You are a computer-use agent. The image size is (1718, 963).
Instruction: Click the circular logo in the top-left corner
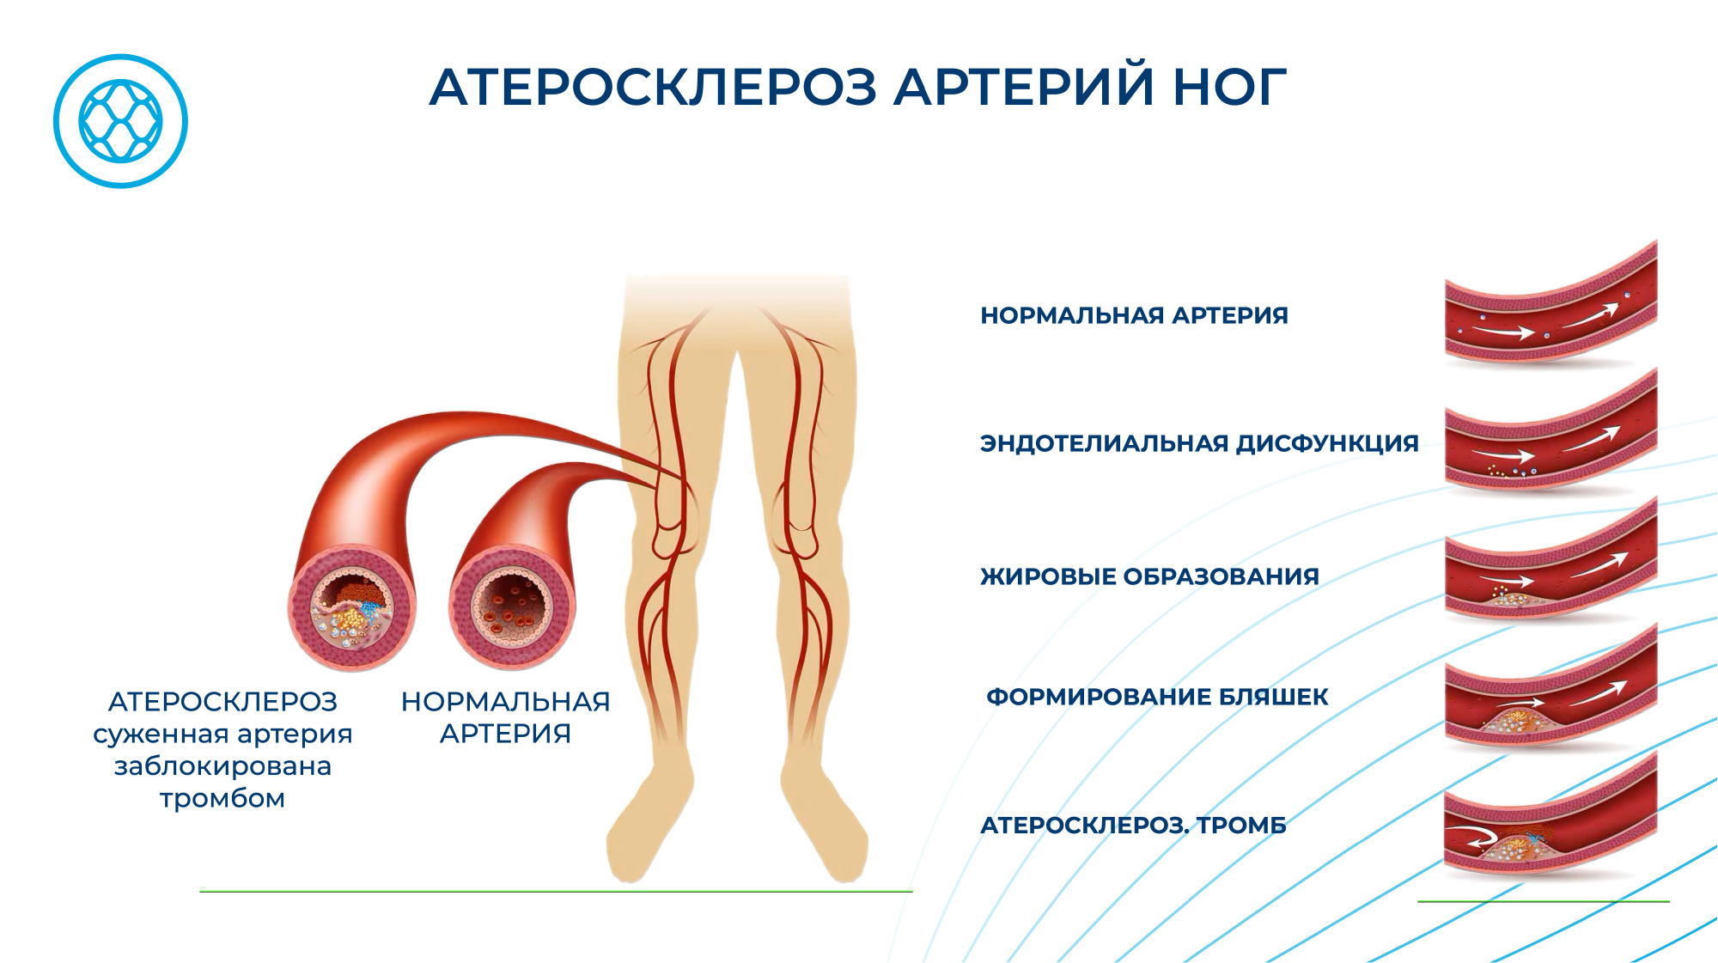coord(120,121)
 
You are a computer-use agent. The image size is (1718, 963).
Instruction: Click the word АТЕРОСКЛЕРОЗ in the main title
coord(653,88)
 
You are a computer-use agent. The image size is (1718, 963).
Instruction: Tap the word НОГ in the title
coord(1229,88)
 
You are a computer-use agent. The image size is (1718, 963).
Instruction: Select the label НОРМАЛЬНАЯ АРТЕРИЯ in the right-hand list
coord(1134,315)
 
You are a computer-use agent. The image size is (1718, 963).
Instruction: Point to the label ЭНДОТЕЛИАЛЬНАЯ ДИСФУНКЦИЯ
coord(1199,443)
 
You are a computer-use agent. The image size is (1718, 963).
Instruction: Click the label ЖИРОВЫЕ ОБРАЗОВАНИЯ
coord(1149,576)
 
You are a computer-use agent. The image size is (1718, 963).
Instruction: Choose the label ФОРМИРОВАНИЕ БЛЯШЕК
coord(1157,697)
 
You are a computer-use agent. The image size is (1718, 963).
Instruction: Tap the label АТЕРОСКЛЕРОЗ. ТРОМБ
coord(1134,826)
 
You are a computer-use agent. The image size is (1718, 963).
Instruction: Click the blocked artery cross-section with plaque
coord(352,607)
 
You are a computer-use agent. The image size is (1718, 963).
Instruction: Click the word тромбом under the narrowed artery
coord(222,799)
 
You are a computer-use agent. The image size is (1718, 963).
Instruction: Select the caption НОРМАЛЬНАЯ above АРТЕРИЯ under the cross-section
coord(505,702)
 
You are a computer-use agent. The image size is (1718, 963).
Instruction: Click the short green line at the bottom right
coord(1543,901)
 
